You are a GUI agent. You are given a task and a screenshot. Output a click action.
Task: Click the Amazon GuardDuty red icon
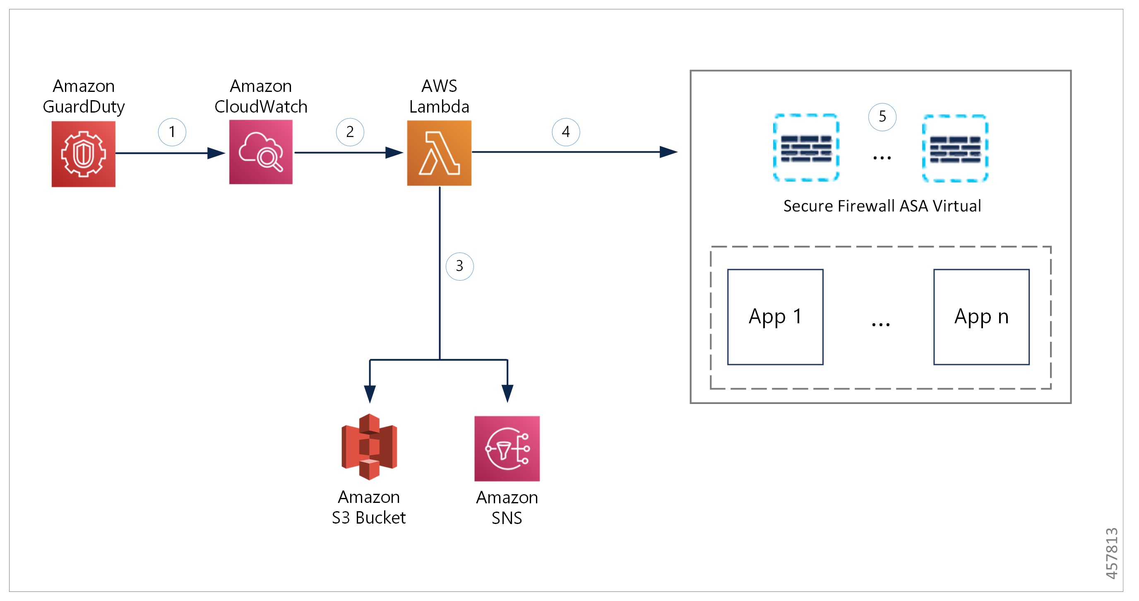point(84,154)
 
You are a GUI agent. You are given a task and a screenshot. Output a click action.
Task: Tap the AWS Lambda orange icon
point(439,153)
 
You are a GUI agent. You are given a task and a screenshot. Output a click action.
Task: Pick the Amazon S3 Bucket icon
point(369,447)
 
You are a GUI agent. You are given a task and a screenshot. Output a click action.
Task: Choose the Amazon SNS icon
point(507,448)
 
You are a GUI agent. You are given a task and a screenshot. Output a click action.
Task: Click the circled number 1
point(172,132)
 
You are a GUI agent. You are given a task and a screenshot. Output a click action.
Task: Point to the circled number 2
point(350,132)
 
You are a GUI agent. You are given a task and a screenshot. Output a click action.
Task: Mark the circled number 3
point(459,266)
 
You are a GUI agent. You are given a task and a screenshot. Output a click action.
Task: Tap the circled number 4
point(566,132)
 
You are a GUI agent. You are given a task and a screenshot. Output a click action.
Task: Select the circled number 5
point(882,117)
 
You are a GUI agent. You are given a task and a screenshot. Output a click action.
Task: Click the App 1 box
point(776,317)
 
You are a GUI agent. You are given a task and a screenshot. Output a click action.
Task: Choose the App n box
point(982,317)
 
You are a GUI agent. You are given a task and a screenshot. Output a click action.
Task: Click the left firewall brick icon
point(806,148)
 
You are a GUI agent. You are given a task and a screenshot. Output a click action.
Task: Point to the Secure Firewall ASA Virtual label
point(882,206)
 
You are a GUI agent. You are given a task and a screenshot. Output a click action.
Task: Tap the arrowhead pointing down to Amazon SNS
point(507,394)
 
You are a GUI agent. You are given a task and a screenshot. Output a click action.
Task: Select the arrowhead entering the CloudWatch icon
point(216,153)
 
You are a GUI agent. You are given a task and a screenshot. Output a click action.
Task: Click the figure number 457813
point(1112,553)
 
